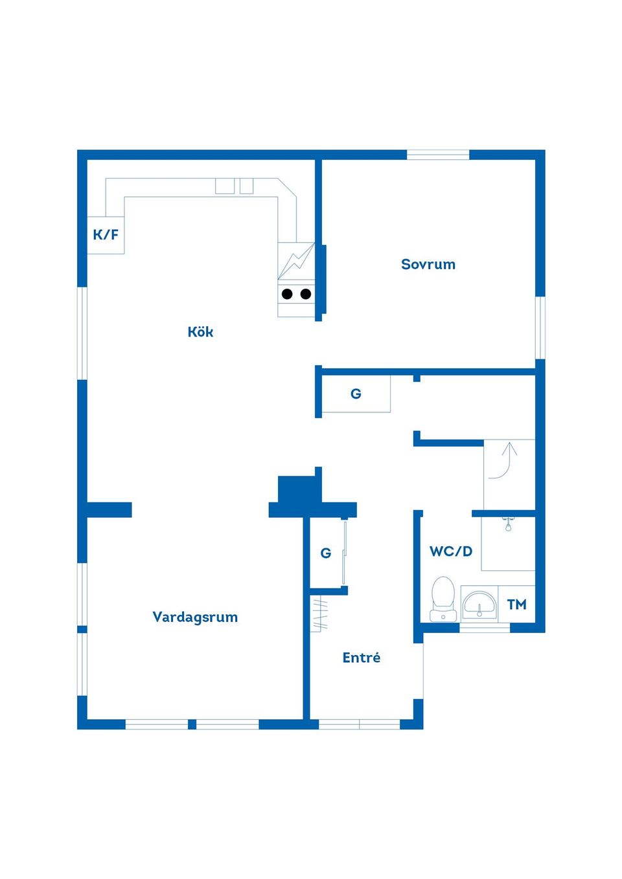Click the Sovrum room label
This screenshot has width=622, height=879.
tap(428, 265)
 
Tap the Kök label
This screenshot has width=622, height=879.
tap(200, 332)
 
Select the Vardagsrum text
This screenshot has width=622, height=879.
tap(195, 618)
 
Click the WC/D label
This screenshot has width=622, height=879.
tap(451, 551)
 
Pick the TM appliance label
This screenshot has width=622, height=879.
tap(516, 605)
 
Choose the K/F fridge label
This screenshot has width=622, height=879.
tap(106, 235)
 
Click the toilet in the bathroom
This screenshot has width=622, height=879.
tap(443, 599)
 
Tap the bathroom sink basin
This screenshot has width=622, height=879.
tap(479, 605)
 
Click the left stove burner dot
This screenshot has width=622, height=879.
tap(288, 294)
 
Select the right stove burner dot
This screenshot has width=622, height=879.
tap(306, 294)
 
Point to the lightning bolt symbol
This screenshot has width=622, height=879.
tap(297, 261)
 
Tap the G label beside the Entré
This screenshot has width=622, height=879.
tap(325, 553)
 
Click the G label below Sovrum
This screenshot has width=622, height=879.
tap(356, 394)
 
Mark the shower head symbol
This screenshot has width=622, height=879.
tap(508, 525)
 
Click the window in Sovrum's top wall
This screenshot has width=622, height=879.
tap(438, 155)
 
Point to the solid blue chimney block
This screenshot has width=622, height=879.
tap(312, 497)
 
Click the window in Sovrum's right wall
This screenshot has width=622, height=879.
tap(540, 328)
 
